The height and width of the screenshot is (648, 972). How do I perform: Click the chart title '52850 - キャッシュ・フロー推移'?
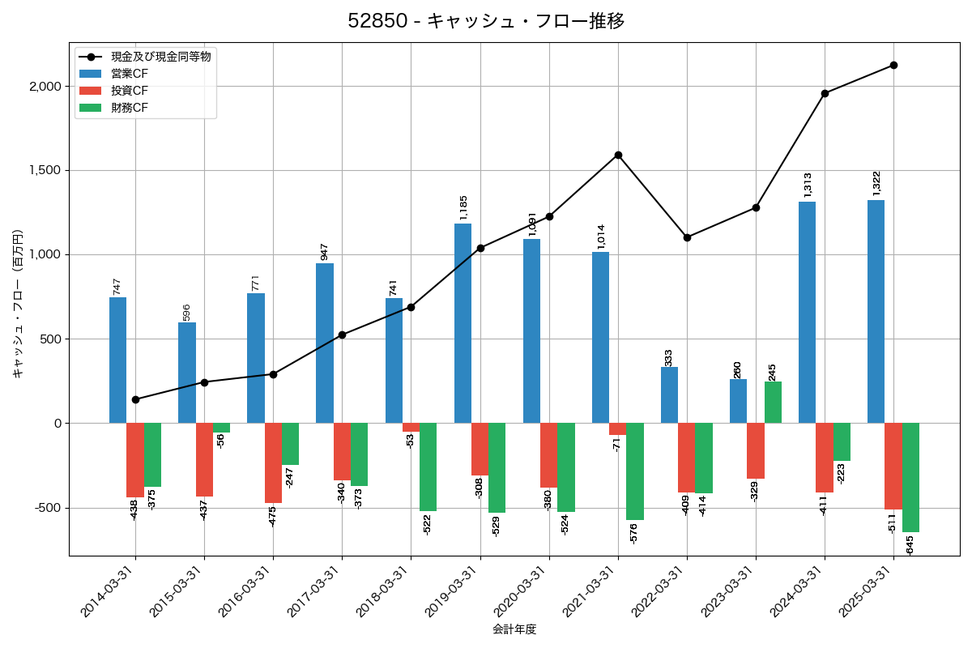click(486, 21)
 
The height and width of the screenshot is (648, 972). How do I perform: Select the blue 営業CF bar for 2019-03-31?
click(463, 323)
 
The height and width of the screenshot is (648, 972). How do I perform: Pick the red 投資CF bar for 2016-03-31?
click(273, 463)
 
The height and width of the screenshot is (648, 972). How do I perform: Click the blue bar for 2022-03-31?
click(669, 395)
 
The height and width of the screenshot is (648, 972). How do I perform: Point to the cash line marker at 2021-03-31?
click(618, 155)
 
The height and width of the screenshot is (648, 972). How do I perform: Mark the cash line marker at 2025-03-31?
click(893, 65)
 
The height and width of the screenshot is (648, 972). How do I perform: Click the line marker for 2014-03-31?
click(135, 399)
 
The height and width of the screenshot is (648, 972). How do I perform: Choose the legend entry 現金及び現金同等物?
click(161, 57)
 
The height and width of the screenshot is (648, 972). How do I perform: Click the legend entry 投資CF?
click(130, 91)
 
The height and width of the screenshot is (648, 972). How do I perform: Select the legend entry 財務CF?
click(130, 107)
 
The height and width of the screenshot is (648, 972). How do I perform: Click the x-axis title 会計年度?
click(514, 629)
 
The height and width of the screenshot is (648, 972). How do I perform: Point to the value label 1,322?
click(876, 183)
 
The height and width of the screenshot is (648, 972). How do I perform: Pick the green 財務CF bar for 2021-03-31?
click(635, 471)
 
